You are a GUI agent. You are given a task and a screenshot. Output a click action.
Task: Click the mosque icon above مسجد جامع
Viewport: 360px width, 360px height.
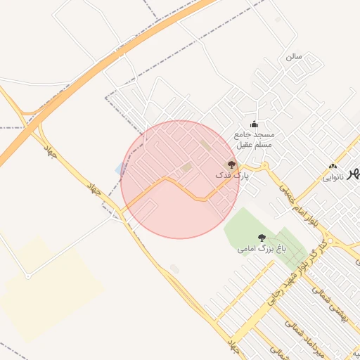click(254, 124)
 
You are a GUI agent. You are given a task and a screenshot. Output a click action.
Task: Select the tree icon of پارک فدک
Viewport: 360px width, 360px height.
click(231, 164)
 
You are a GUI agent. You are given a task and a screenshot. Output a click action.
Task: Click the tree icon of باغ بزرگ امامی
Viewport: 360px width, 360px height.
click(262, 238)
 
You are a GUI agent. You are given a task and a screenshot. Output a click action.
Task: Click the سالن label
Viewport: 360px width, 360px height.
click(293, 55)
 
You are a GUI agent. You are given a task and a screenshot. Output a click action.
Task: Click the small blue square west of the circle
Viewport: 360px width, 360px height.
click(119, 169)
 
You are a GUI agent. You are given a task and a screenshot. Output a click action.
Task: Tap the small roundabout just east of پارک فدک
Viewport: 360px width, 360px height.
click(266, 166)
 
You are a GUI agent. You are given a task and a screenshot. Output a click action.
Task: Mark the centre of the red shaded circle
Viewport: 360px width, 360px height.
click(180, 179)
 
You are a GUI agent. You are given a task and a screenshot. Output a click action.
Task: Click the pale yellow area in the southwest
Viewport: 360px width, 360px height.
click(49, 288)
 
